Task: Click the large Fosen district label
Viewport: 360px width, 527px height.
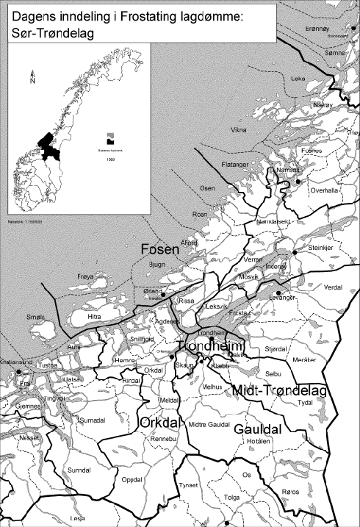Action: [x=160, y=251]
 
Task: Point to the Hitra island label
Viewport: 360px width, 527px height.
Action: [x=94, y=317]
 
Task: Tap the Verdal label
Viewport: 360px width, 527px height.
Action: [x=333, y=287]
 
